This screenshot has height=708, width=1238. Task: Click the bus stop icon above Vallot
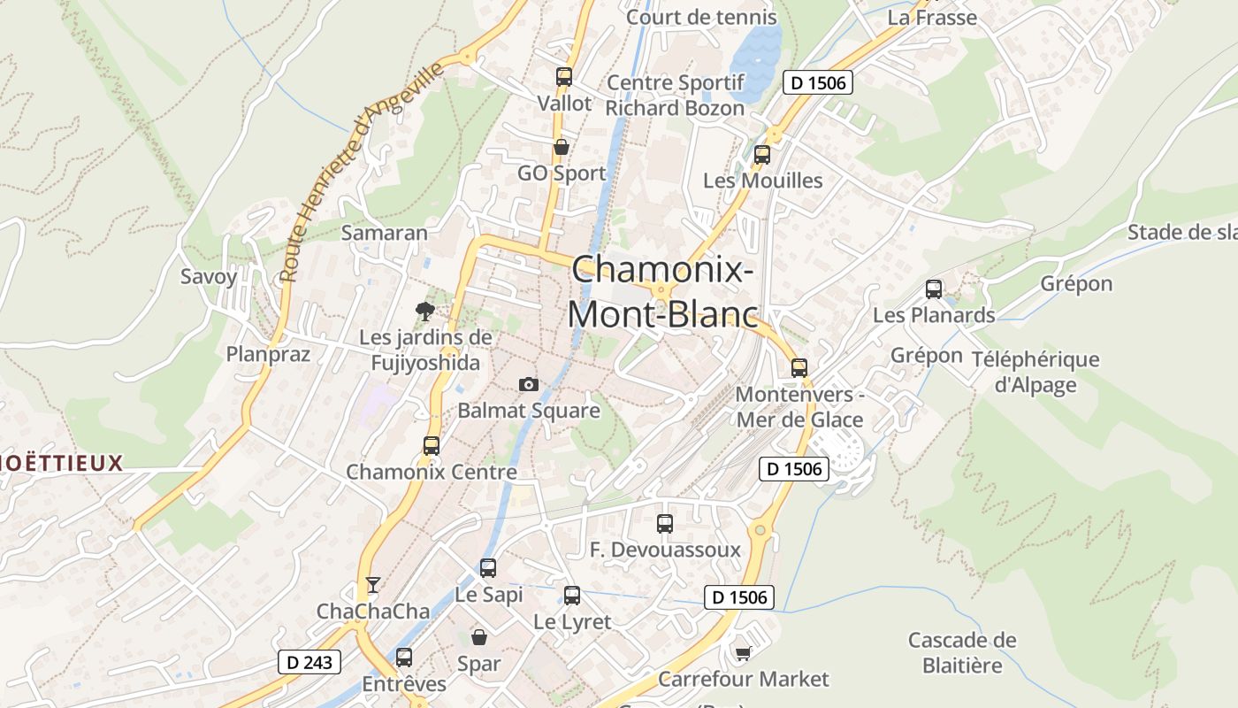(x=564, y=77)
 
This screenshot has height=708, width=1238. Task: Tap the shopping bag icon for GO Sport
(x=561, y=147)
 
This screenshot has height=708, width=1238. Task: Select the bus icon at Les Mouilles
(x=761, y=155)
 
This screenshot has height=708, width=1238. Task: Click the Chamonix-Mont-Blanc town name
(x=662, y=291)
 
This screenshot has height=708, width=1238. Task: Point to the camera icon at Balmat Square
(x=528, y=384)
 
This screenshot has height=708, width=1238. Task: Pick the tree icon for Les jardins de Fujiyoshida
(x=425, y=311)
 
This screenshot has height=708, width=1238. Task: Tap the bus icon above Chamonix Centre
(x=432, y=445)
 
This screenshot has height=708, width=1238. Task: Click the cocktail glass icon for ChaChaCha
(x=372, y=585)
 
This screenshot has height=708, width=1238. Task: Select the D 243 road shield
(x=309, y=661)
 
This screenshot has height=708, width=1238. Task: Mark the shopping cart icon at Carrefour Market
(x=743, y=653)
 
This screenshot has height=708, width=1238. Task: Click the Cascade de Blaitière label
(x=962, y=652)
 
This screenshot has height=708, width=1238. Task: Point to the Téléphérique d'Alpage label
(x=1035, y=372)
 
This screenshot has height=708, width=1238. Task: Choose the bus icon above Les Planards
(x=934, y=289)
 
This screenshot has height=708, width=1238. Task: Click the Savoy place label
(x=209, y=276)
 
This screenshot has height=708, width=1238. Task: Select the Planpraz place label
(x=268, y=354)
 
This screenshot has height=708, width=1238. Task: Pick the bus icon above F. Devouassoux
(x=665, y=524)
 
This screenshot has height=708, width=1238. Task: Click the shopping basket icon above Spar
(x=478, y=636)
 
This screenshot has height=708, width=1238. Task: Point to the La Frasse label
(x=932, y=17)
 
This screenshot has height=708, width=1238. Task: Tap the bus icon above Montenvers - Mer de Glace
(x=799, y=367)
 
